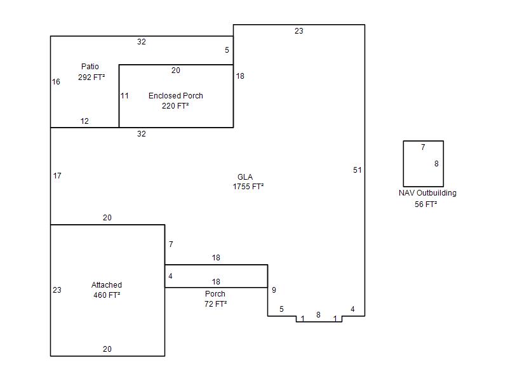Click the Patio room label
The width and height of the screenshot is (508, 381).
(x=90, y=67)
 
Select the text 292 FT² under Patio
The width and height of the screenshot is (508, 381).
(x=91, y=77)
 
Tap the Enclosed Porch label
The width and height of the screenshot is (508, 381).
(x=176, y=96)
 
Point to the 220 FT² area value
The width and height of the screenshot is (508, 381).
(x=175, y=105)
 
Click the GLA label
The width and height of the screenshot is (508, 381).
(x=245, y=177)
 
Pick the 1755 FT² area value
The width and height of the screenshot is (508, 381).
(x=248, y=187)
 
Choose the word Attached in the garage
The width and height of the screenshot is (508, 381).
(x=107, y=284)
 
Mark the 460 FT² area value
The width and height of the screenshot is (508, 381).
(x=107, y=295)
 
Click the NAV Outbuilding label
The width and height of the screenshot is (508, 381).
(x=427, y=193)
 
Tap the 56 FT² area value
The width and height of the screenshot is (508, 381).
(x=425, y=204)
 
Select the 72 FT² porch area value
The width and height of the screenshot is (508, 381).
(x=215, y=304)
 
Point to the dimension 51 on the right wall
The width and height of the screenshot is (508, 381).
(x=358, y=170)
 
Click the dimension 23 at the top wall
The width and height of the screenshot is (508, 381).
(x=298, y=30)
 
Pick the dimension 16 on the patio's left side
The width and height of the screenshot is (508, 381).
(x=56, y=82)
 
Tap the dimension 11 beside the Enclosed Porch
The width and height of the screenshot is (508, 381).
(x=124, y=96)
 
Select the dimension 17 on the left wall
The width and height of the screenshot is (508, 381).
(x=57, y=176)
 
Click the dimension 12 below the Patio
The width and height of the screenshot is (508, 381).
(x=84, y=121)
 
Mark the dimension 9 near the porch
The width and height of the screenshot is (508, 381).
(x=274, y=290)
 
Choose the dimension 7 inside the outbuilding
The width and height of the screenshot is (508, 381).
(x=423, y=147)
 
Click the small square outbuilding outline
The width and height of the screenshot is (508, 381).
(x=403, y=164)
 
